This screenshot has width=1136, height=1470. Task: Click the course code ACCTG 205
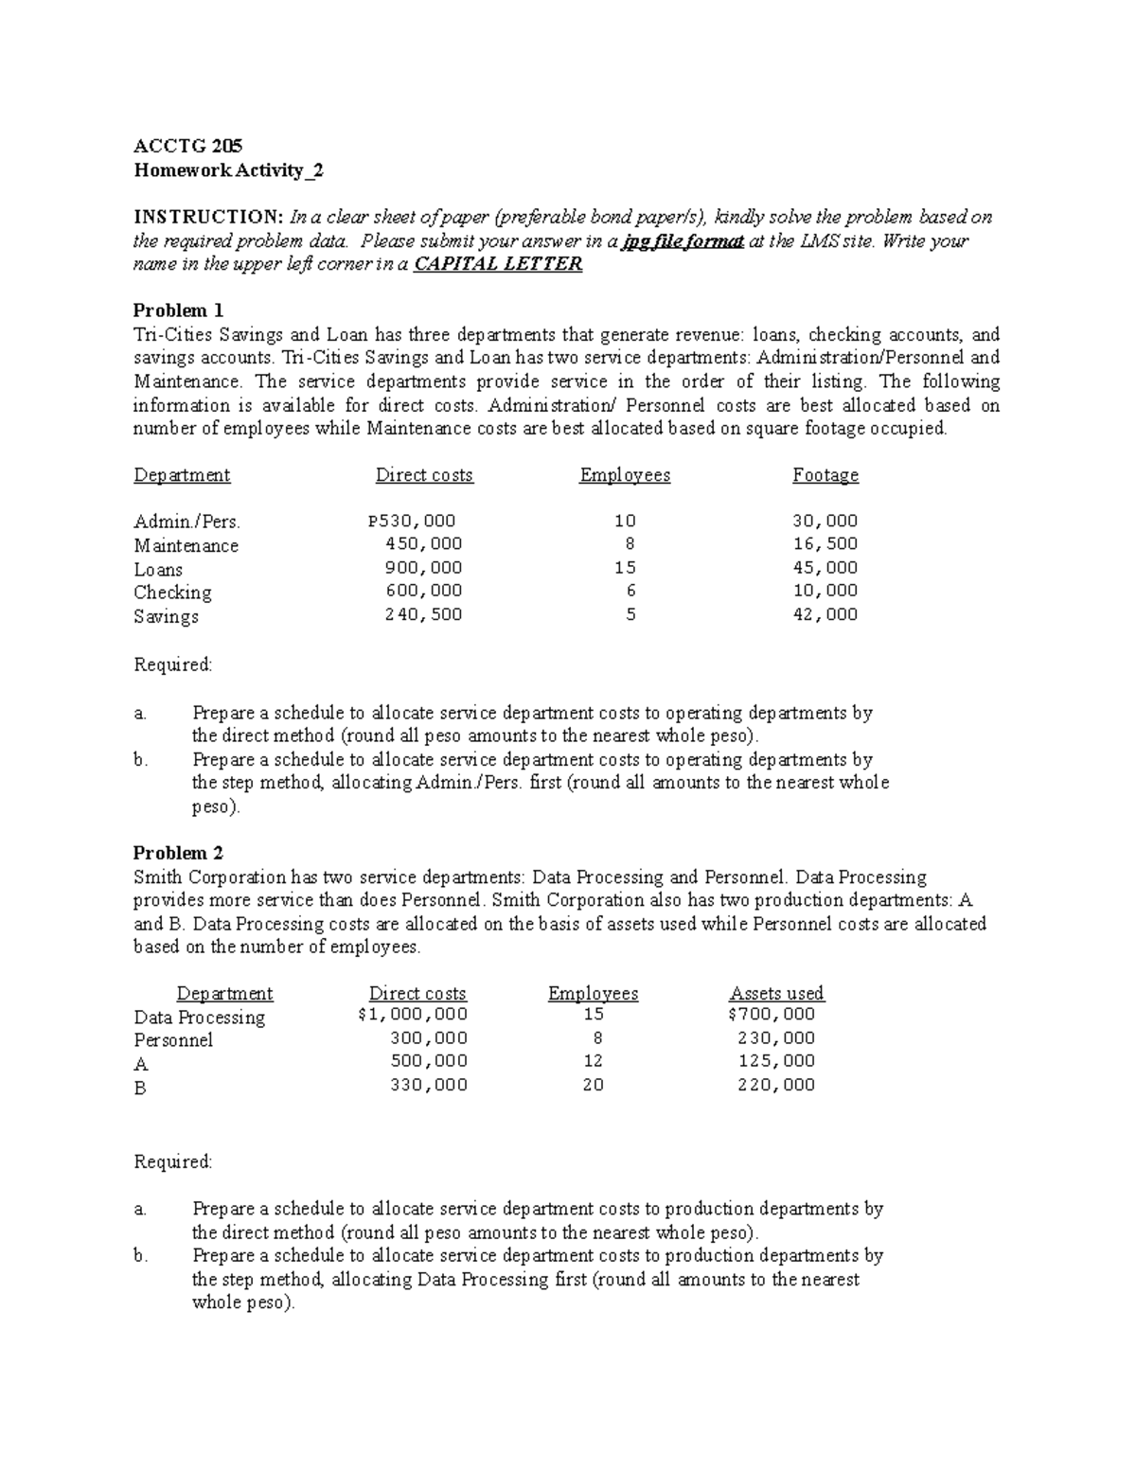point(187,146)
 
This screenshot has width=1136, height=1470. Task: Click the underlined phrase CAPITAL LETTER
point(499,264)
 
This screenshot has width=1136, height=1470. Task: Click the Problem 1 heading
point(178,310)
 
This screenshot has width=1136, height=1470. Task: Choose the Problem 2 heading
point(178,853)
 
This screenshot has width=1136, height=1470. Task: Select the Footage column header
point(825,475)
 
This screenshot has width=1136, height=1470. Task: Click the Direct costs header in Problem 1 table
point(424,475)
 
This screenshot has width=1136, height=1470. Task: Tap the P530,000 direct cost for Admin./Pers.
point(412,521)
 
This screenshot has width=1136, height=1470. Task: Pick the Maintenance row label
point(186,545)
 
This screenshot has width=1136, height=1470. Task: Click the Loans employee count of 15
point(625,568)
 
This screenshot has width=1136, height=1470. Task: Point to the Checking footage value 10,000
point(825,591)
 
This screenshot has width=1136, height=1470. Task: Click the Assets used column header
point(776,993)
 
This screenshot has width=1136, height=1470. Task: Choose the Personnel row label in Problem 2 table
point(173,1040)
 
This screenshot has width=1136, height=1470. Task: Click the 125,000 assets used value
point(776,1061)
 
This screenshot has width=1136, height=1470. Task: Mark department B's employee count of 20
point(593,1085)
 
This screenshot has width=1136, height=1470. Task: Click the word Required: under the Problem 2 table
point(173,1161)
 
